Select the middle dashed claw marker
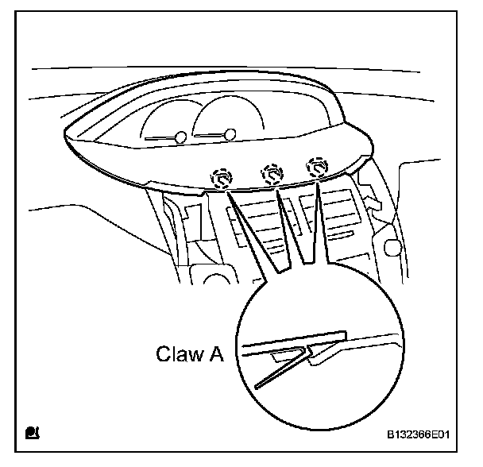coord(272,172)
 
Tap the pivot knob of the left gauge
coord(181,138)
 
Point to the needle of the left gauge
coord(161,138)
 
